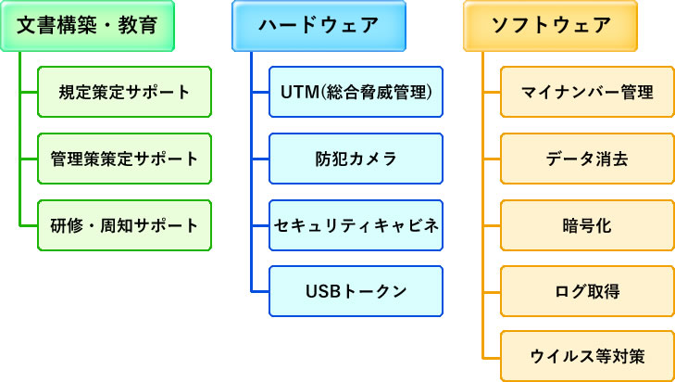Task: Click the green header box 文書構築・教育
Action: pos(87,25)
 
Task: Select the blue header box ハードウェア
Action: pos(319,25)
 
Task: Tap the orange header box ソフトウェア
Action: pos(551,25)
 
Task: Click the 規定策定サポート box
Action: pos(124,92)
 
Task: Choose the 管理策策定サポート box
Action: pos(124,159)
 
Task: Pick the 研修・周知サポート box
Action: pos(124,225)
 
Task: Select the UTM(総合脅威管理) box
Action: pos(356,92)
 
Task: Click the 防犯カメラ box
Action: pos(356,159)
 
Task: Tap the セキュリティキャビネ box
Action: pos(356,225)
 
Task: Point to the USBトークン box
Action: pos(356,291)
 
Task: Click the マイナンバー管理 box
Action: pos(588,92)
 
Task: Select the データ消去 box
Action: pos(588,159)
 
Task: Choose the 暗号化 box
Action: pos(588,225)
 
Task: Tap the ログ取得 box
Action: pos(588,291)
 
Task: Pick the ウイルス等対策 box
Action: pos(588,357)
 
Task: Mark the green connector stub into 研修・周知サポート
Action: pos(30,225)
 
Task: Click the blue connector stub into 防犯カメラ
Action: pos(261,159)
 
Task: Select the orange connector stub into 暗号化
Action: pos(493,225)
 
